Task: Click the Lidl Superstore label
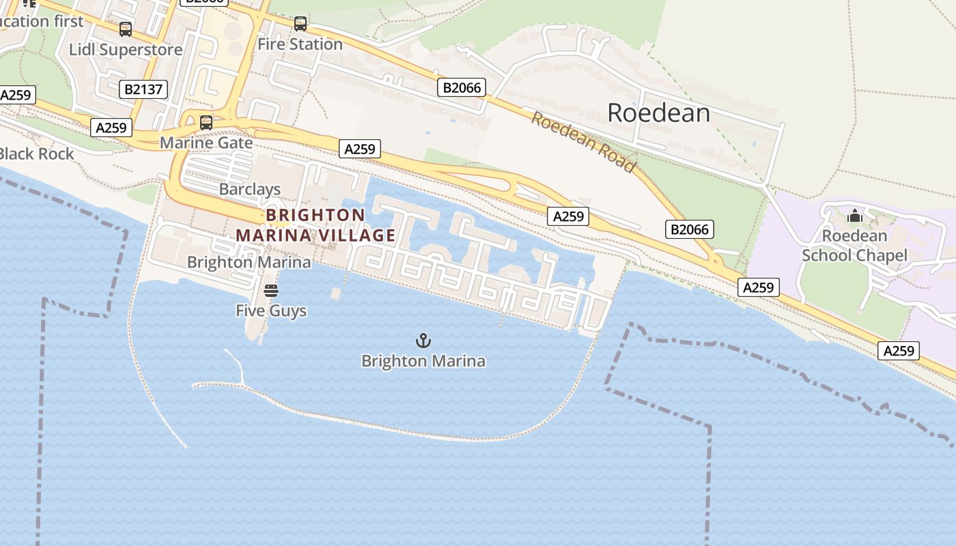(x=126, y=50)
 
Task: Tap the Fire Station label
(x=300, y=44)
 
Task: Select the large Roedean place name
(x=658, y=113)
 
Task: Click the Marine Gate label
(x=206, y=143)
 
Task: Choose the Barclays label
(x=250, y=190)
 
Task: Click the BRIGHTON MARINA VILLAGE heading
(x=315, y=225)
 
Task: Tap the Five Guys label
(x=271, y=311)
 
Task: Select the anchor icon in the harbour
(x=423, y=341)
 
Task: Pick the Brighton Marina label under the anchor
(x=423, y=361)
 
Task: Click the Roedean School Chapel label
(x=854, y=246)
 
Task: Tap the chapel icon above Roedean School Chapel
(x=854, y=216)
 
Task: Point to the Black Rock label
(x=37, y=154)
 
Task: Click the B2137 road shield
(x=143, y=89)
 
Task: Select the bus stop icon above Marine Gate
(x=206, y=123)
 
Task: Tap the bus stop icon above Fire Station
(x=300, y=24)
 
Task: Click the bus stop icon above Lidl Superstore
(x=126, y=29)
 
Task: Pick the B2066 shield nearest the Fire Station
(x=462, y=87)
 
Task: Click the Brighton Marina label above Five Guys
(x=249, y=262)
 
